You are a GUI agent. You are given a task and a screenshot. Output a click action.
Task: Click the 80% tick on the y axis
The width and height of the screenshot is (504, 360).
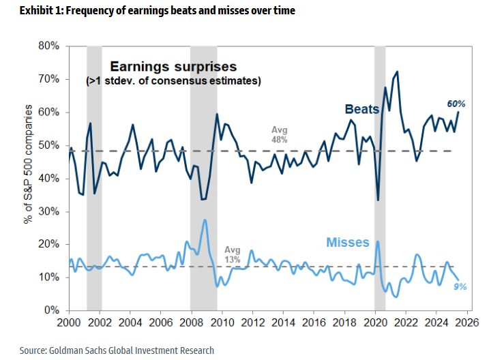coord(53,46)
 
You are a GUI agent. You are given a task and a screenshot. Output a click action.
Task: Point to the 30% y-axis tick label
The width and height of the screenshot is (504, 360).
coord(53,211)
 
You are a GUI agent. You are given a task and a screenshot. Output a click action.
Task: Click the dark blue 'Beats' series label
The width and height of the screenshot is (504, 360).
coord(361,109)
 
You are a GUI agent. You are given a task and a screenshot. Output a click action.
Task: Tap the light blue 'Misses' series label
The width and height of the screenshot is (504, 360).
coord(348,243)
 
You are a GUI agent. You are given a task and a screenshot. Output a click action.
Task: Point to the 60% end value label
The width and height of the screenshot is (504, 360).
coord(456,104)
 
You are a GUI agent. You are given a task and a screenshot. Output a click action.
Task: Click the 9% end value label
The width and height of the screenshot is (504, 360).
coord(460,287)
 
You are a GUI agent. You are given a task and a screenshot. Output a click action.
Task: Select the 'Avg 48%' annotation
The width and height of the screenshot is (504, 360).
coord(280,134)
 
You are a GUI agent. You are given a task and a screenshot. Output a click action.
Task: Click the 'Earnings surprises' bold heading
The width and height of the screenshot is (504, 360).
coord(173,67)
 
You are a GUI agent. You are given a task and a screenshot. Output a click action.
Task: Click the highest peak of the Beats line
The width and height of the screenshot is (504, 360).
coord(397,72)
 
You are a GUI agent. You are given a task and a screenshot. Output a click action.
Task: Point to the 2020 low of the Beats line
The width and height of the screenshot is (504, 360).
coord(378,199)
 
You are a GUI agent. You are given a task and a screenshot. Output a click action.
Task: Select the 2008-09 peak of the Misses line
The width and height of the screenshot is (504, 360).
coord(205,220)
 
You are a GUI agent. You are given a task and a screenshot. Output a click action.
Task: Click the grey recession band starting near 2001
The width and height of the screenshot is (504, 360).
coord(94,177)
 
